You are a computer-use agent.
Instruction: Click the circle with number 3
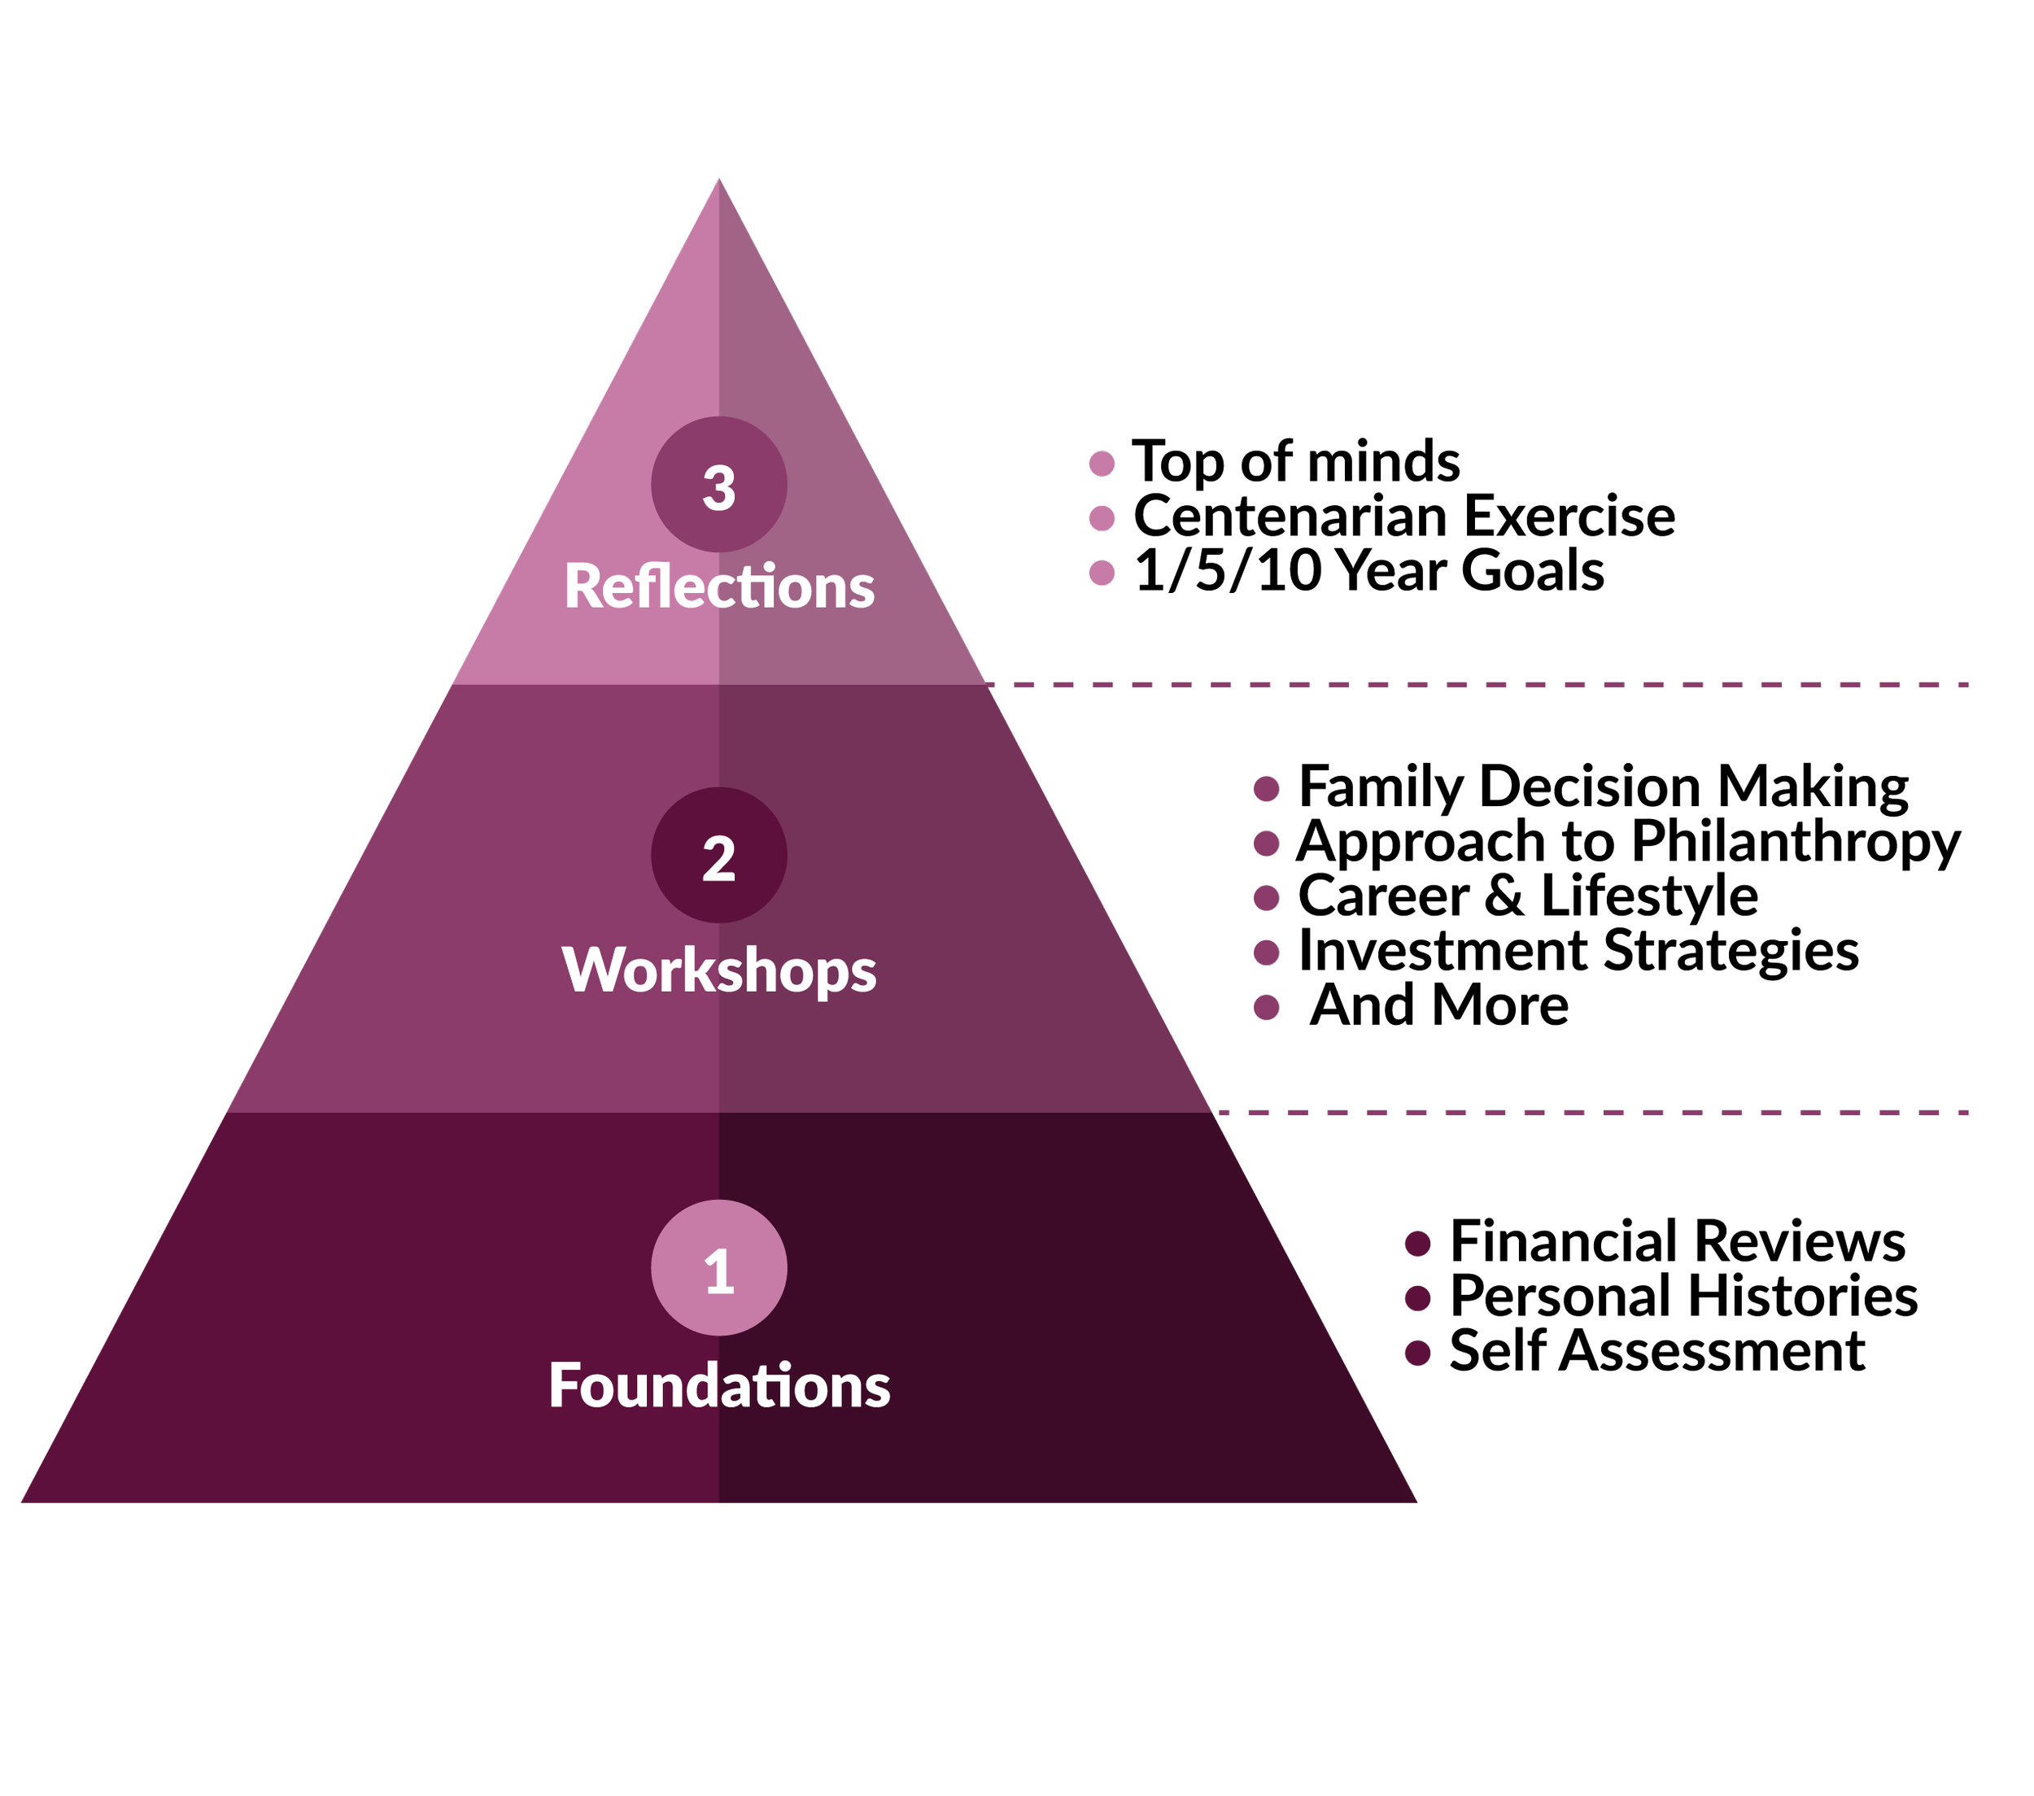718,485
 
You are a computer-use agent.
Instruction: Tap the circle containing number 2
718,855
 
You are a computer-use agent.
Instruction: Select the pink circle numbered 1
718,1267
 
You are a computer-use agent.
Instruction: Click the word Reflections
718,586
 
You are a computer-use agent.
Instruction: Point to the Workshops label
718,970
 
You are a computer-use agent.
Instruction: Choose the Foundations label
718,1385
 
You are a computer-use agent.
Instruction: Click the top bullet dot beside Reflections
1102,464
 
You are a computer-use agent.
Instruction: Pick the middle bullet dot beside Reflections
1102,518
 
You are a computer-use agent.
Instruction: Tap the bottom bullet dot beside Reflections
1102,573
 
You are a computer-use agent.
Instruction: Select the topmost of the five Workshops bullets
1266,789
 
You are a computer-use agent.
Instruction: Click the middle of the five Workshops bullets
1266,899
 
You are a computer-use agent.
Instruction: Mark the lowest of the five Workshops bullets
1266,1008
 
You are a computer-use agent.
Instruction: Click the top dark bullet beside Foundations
1417,1244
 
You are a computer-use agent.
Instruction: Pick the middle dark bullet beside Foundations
1417,1298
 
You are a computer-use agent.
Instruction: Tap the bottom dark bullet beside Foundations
1417,1354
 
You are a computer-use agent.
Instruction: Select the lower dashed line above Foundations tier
1592,1113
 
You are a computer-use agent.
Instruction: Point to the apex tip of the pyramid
718,182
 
